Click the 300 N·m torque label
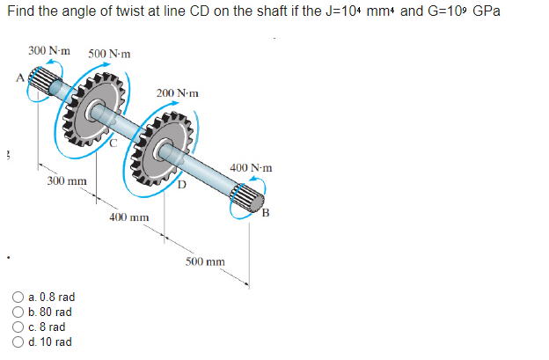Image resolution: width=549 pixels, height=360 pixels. (x=50, y=52)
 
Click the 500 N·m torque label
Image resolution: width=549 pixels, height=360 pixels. (x=110, y=55)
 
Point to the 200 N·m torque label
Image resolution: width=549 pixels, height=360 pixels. (x=178, y=92)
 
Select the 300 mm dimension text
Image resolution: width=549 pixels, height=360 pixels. (x=67, y=180)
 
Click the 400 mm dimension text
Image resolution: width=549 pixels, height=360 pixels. (x=128, y=217)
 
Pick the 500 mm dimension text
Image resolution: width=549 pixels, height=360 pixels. (x=205, y=261)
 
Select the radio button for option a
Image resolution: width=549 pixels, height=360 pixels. (x=19, y=298)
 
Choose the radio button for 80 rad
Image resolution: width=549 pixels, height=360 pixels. (x=19, y=312)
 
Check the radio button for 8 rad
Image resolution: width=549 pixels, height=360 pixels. (x=19, y=327)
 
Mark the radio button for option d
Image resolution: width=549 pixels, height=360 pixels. (x=19, y=341)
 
